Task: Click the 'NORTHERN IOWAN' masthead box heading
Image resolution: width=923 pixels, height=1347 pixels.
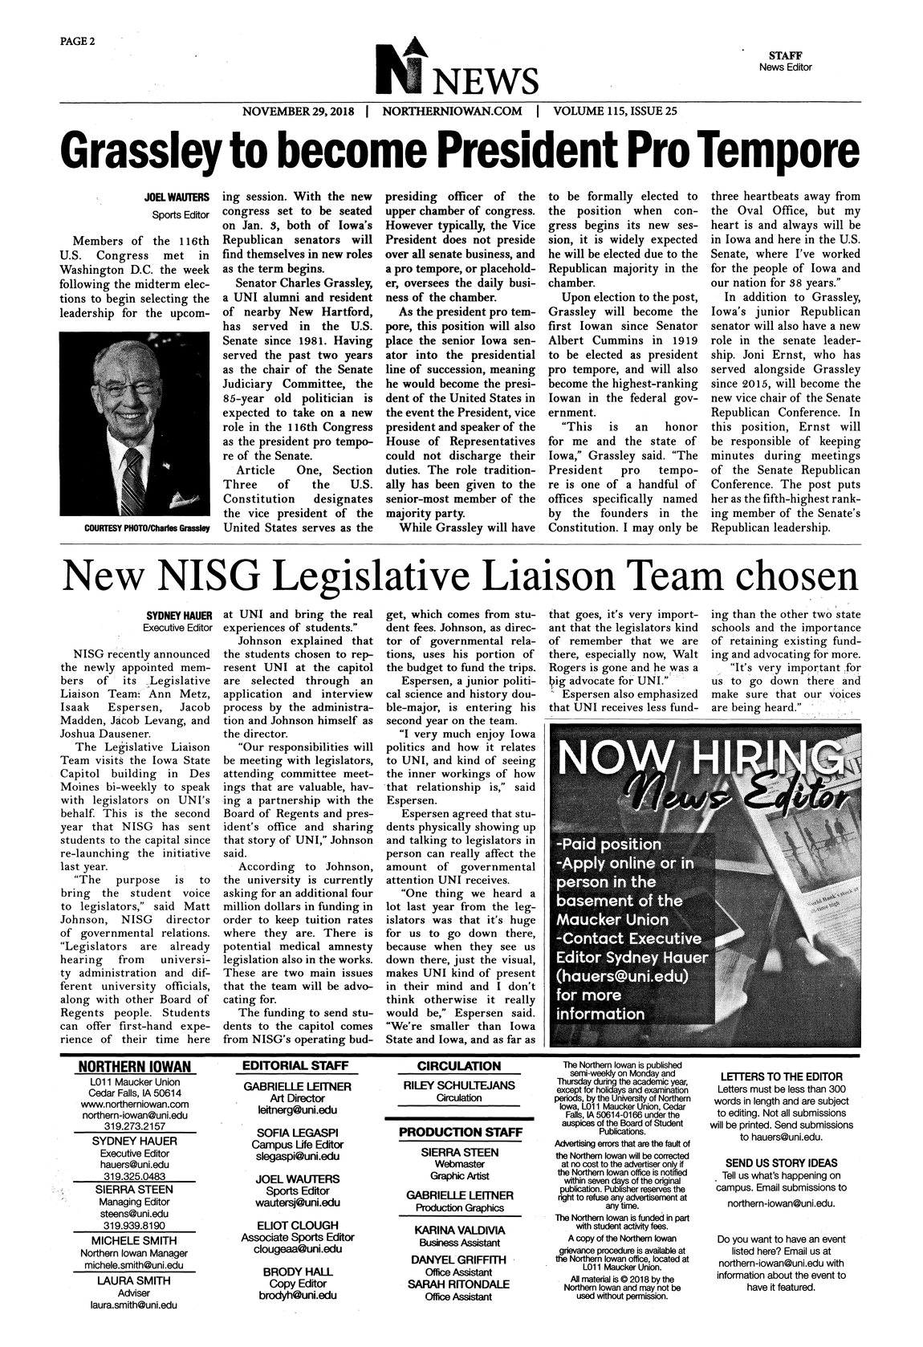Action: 135,1066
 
